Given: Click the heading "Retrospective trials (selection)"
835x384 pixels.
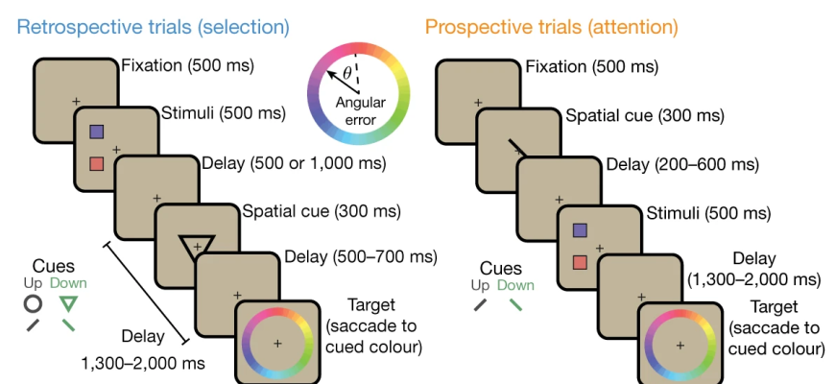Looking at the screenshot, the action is click(x=154, y=26).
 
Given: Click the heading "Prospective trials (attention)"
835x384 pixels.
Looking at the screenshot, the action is click(x=552, y=26).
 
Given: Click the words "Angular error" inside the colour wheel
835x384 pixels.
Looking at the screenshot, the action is click(x=361, y=110).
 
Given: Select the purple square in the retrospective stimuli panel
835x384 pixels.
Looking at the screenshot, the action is click(x=96, y=132).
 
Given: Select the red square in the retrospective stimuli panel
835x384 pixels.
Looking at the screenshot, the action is click(x=96, y=163).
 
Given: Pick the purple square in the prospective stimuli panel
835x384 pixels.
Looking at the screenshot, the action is click(x=580, y=230).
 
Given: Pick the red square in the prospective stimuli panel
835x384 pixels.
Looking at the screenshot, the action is click(x=580, y=262).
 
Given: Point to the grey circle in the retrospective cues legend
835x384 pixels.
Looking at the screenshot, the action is click(x=33, y=303).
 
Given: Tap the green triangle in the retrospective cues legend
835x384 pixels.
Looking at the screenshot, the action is click(x=67, y=303).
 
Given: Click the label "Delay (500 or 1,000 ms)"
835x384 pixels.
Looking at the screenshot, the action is click(x=294, y=163).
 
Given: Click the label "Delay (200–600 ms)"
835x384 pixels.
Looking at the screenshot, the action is click(x=682, y=164).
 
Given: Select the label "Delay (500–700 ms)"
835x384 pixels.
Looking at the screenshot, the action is click(x=361, y=256).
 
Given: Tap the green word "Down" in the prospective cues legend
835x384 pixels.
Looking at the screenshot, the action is click(x=515, y=285).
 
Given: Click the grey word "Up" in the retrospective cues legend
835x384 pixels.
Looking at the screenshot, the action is click(x=33, y=283).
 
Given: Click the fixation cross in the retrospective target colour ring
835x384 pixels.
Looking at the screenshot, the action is click(x=277, y=344).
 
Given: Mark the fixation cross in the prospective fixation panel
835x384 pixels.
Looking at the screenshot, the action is click(x=478, y=103).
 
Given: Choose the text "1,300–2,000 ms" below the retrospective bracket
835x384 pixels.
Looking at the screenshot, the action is click(x=143, y=364).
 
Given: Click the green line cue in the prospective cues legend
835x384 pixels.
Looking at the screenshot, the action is click(x=515, y=304).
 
